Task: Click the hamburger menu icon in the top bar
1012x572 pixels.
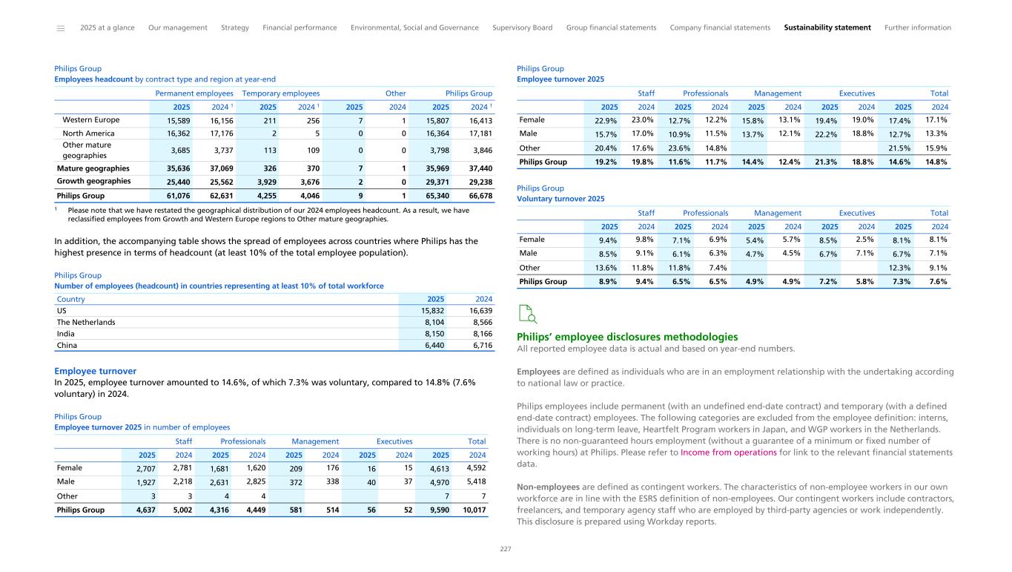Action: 61,28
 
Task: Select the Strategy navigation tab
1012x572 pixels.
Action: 235,27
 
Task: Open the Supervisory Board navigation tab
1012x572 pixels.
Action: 522,27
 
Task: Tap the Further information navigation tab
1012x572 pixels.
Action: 917,27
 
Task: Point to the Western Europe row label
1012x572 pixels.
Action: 90,119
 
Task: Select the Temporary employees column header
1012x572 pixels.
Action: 281,93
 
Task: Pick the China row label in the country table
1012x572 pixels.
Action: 67,345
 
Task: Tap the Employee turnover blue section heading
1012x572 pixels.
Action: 95,371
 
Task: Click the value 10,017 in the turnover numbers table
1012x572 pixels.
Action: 472,510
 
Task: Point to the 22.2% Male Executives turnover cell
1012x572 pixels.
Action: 827,134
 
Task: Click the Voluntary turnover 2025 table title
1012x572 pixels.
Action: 560,199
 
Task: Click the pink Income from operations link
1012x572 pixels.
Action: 718,452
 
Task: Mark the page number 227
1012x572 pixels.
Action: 506,549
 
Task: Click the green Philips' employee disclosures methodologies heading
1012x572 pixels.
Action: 626,337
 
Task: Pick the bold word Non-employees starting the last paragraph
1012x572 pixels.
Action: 547,486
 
